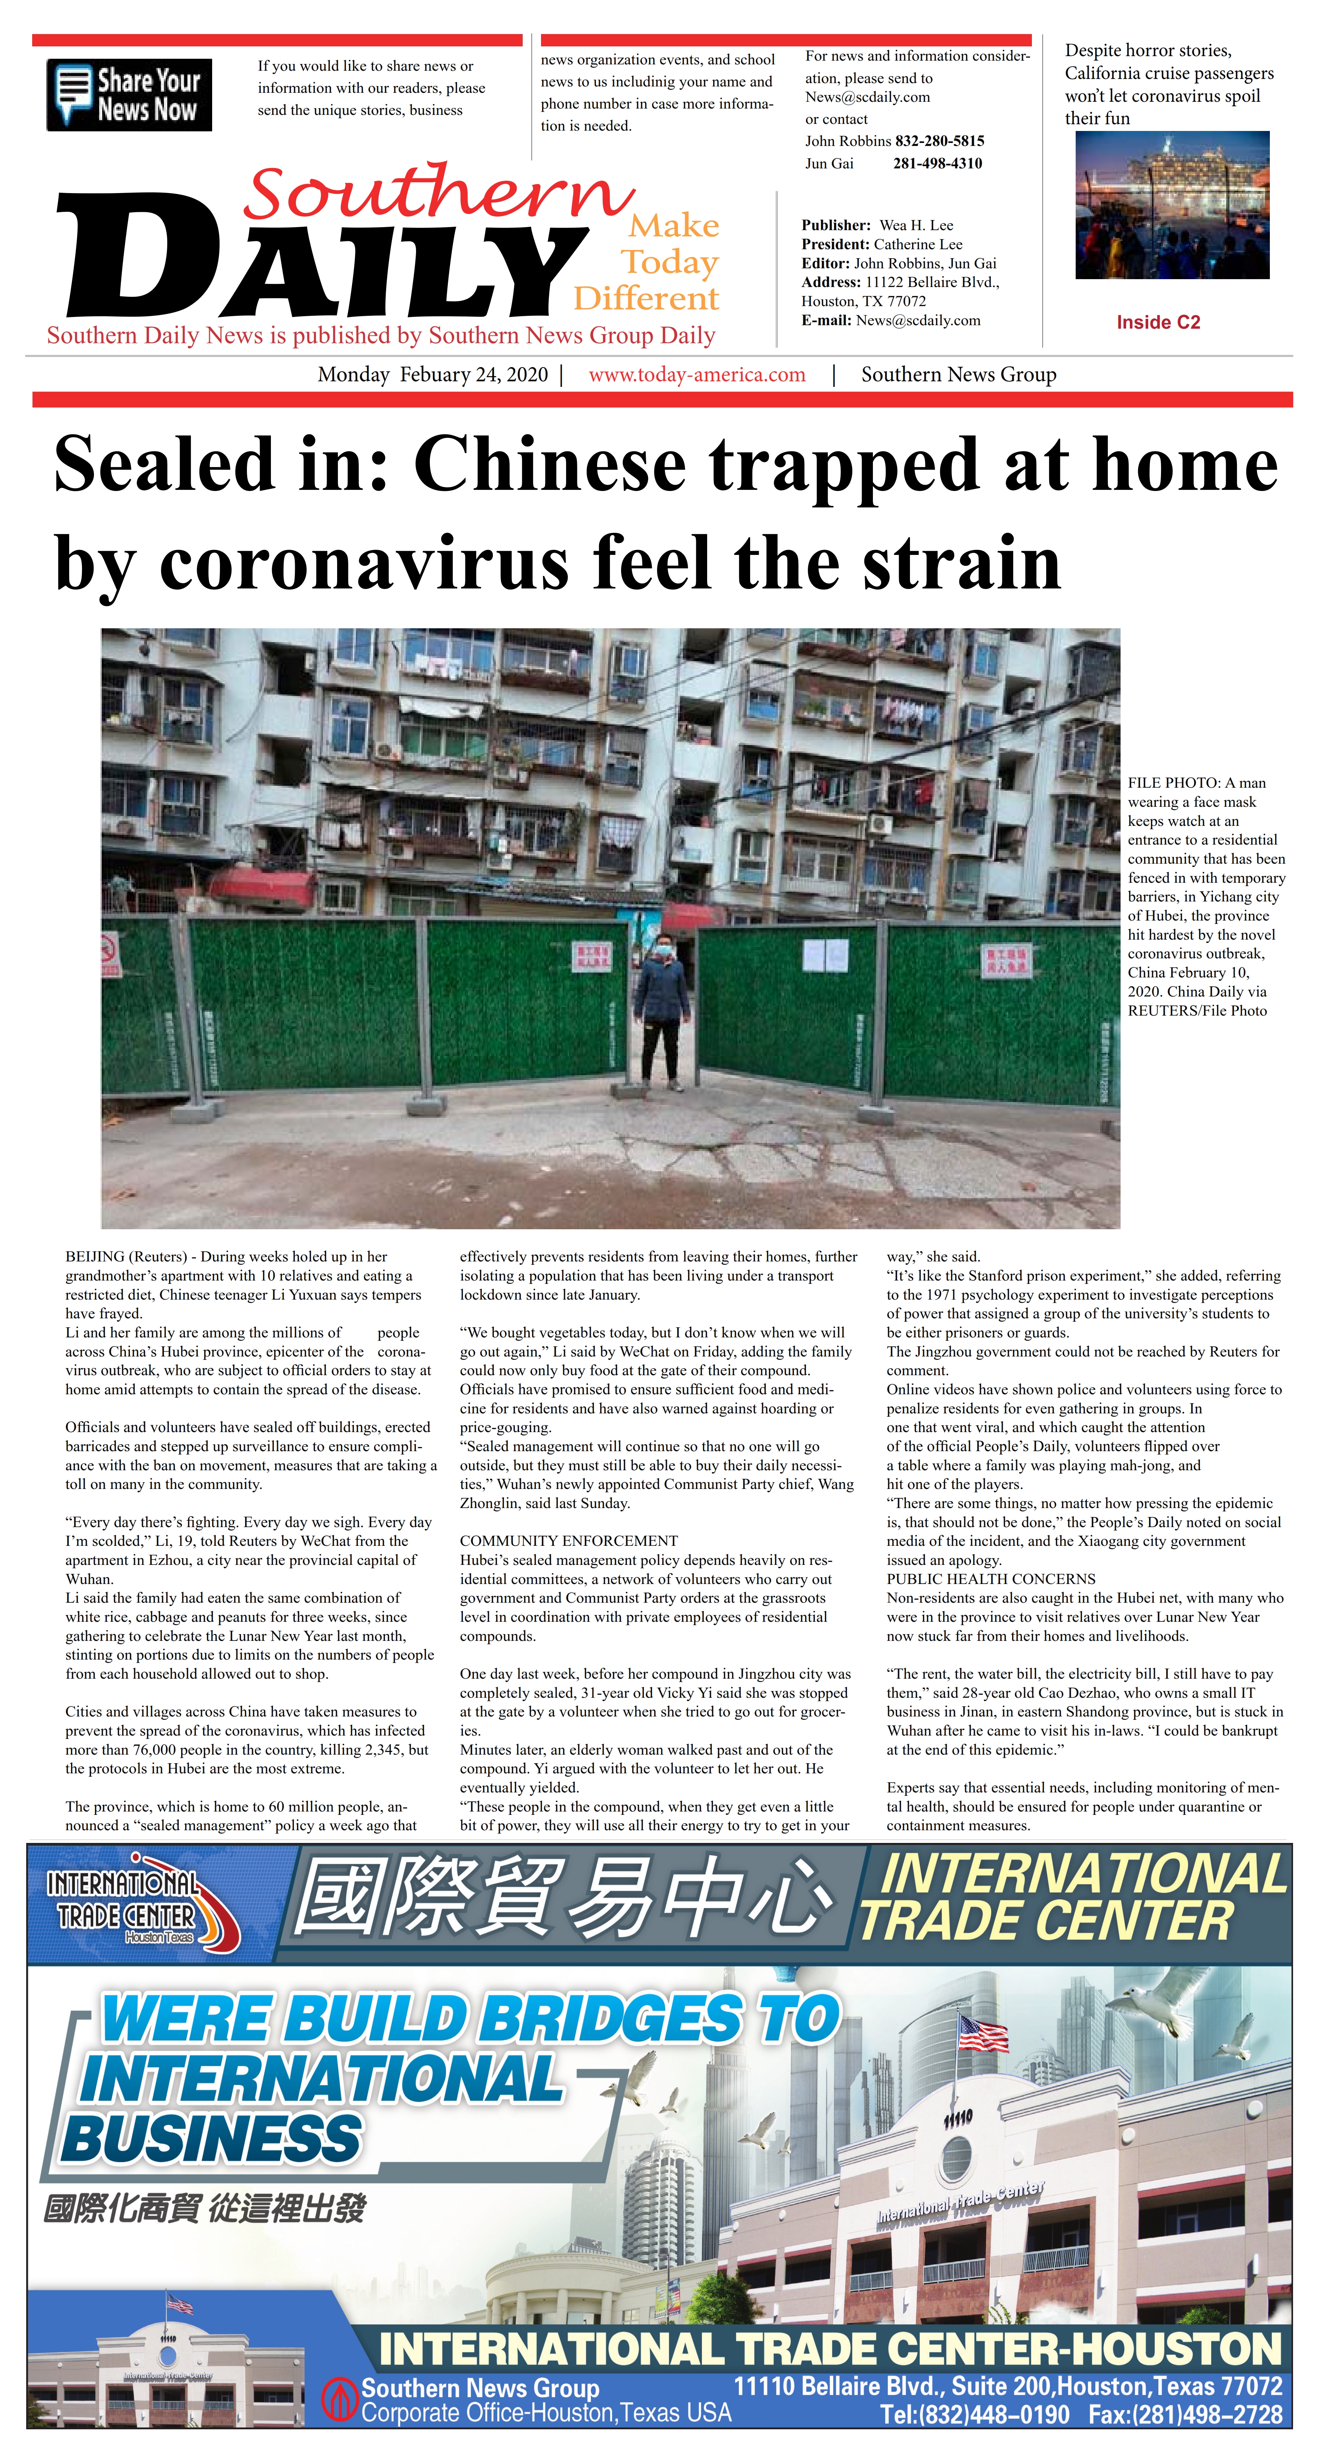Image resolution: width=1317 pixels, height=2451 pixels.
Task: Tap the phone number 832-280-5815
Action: (x=939, y=141)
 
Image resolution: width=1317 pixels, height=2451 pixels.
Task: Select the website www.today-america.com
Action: (x=697, y=375)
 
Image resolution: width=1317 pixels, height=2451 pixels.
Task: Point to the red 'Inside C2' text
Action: (x=1158, y=323)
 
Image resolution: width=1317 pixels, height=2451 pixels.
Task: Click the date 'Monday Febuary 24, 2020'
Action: (x=433, y=375)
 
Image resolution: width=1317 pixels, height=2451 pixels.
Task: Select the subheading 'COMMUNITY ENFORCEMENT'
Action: (x=568, y=1541)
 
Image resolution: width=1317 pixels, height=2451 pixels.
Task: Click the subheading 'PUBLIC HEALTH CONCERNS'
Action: (x=991, y=1578)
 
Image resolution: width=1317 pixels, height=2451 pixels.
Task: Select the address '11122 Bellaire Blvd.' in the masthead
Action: (x=932, y=283)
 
